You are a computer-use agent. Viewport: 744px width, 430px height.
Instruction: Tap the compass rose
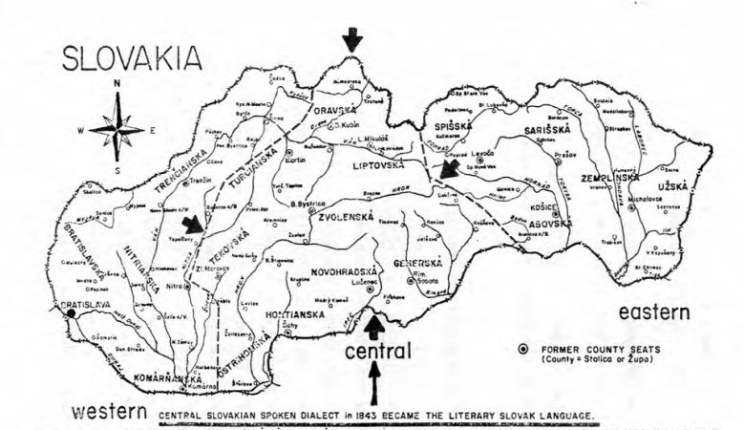pos(117,129)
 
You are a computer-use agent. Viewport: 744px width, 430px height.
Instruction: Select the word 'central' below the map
pos(377,351)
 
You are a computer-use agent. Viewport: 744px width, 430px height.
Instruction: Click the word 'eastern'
pos(654,312)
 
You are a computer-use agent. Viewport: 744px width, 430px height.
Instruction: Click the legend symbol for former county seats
pos(522,348)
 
